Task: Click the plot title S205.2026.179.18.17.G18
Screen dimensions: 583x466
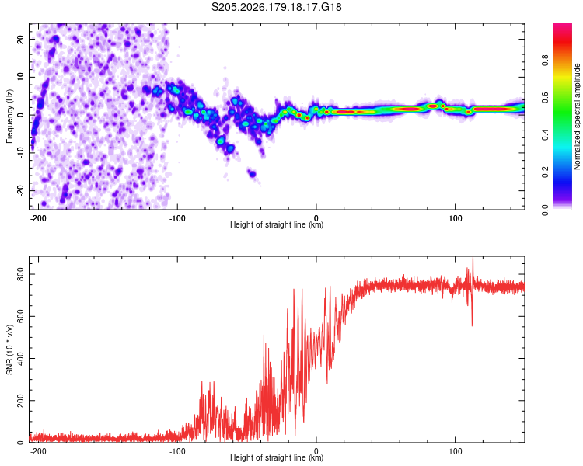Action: tap(276, 7)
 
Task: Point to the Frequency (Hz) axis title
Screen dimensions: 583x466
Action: tap(9, 116)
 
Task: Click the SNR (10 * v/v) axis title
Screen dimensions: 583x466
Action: tap(9, 349)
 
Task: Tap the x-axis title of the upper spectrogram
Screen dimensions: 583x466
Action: tap(277, 224)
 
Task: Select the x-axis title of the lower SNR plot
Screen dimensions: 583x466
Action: tap(277, 457)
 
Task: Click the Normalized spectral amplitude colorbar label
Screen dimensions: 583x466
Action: tap(577, 116)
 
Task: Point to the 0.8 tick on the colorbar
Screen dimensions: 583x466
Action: tap(545, 60)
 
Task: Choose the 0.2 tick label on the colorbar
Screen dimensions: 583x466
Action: tap(545, 172)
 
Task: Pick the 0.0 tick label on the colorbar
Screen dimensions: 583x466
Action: tap(545, 210)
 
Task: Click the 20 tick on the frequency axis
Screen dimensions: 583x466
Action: tap(20, 39)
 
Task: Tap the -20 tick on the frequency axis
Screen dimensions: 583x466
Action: tap(20, 190)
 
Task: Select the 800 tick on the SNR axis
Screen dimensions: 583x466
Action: tap(20, 274)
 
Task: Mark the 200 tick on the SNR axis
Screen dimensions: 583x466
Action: tap(20, 401)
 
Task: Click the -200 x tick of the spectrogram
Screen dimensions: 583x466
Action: tap(37, 218)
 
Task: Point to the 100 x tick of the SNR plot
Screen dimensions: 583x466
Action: tap(455, 451)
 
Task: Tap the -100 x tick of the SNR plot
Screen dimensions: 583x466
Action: tap(177, 451)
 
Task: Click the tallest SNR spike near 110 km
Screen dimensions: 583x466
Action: tap(473, 258)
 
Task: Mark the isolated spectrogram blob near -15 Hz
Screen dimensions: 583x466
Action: tap(253, 173)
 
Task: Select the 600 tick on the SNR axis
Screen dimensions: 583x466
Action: tap(20, 316)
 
